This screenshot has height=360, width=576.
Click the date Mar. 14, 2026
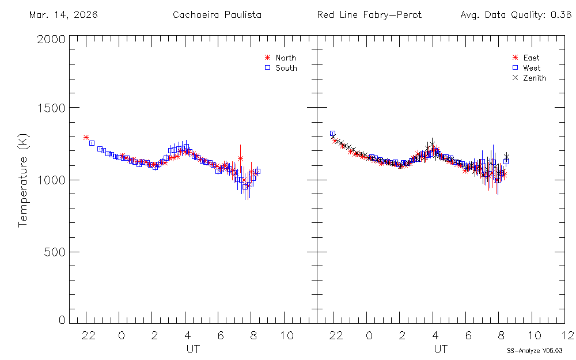click(x=63, y=15)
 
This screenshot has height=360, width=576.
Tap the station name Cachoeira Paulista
click(x=217, y=15)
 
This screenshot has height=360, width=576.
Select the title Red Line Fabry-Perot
click(x=369, y=15)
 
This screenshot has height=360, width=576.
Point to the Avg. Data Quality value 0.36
click(x=560, y=15)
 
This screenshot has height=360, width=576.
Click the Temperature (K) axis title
click(x=23, y=180)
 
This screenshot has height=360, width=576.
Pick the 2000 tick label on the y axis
click(x=51, y=39)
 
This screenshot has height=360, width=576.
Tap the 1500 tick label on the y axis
click(x=51, y=108)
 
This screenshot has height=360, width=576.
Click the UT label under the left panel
click(x=193, y=348)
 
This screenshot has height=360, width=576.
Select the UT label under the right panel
click(x=441, y=348)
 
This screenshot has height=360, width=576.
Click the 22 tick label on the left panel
click(x=88, y=335)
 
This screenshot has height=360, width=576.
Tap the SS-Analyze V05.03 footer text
click(x=534, y=350)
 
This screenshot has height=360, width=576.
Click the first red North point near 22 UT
click(x=86, y=137)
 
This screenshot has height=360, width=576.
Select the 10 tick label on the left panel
click(x=286, y=335)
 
